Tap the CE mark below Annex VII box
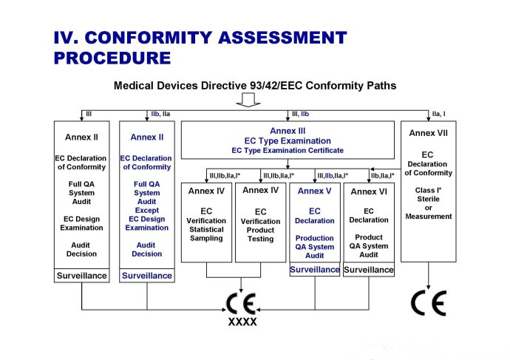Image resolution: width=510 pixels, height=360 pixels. (429, 304)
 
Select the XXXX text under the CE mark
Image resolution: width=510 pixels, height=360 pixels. (242, 322)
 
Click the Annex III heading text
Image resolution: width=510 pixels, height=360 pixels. (288, 131)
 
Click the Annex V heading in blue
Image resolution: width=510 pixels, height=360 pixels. (315, 191)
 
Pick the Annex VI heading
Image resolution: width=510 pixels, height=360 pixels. (368, 191)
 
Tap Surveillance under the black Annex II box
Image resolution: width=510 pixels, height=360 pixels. (82, 276)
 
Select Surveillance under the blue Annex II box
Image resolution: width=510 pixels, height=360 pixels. (146, 276)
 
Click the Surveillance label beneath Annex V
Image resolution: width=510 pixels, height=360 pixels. (315, 270)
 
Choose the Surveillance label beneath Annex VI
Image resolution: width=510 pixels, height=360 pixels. (368, 270)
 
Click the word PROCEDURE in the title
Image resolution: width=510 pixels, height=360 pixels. (112, 57)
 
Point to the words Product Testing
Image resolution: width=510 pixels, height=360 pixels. (260, 234)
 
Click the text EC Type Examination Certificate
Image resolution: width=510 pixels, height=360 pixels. (288, 150)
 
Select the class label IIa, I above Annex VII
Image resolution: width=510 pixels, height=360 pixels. (439, 115)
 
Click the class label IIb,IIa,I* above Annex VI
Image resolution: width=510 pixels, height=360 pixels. (382, 175)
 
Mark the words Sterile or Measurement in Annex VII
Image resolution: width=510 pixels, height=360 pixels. (429, 207)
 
